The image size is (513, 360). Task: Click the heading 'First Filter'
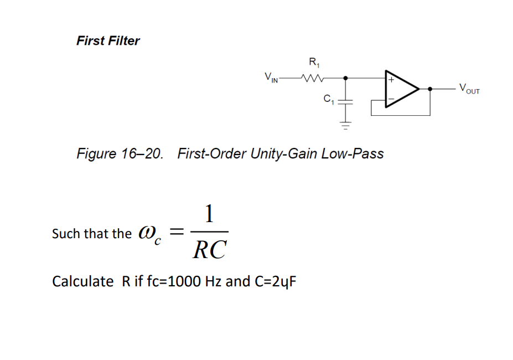pyautogui.click(x=108, y=40)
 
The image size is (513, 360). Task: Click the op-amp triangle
pyautogui.click(x=401, y=89)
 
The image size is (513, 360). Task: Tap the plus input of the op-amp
pyautogui.click(x=391, y=80)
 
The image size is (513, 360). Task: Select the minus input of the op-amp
pyautogui.click(x=391, y=100)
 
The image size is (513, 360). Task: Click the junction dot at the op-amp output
pyautogui.click(x=430, y=89)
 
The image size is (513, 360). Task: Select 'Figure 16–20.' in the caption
pyautogui.click(x=120, y=153)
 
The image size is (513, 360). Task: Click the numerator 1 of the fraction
pyautogui.click(x=209, y=213)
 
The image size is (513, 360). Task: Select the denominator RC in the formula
pyautogui.click(x=209, y=250)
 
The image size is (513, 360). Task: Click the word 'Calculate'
pyautogui.click(x=82, y=281)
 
